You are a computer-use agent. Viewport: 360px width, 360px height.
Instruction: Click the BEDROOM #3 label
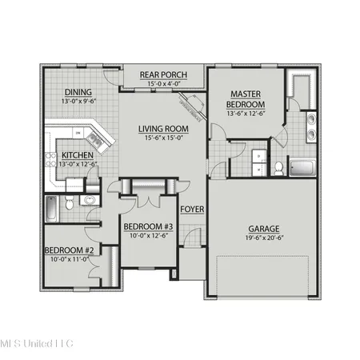point(149,226)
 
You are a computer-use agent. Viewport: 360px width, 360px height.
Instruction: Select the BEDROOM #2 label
point(70,250)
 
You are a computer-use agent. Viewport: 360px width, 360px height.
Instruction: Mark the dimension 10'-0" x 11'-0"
point(70,260)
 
